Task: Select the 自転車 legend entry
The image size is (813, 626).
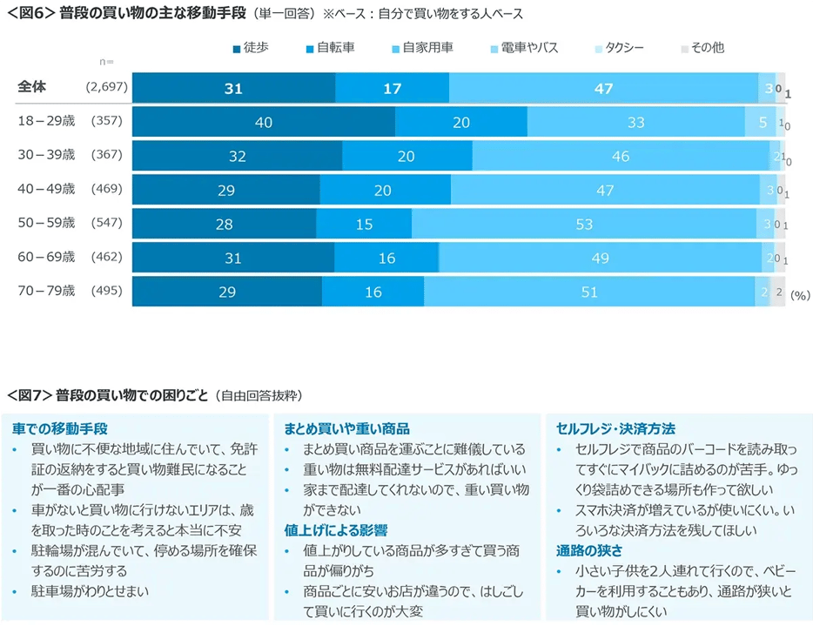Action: coord(328,48)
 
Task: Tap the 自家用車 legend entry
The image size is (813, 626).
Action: coord(421,48)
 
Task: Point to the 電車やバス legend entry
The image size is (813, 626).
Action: coord(523,48)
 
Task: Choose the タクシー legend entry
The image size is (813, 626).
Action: coord(618,48)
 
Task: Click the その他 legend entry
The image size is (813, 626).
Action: coord(701,48)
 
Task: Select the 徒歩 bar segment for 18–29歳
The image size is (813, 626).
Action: coord(263,123)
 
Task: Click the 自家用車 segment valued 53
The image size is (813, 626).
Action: coord(584,224)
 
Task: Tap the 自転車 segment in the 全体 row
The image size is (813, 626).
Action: coord(392,88)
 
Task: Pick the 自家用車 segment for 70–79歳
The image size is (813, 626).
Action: coord(589,292)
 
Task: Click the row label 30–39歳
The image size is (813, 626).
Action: coord(47,155)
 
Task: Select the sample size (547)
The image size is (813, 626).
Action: coord(107,223)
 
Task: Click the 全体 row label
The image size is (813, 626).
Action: coord(31,87)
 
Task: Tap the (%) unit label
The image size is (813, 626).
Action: coord(800,296)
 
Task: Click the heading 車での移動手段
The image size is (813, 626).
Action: coord(59,429)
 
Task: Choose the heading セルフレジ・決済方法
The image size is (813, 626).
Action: coord(615,429)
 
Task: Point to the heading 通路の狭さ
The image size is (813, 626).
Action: coord(588,549)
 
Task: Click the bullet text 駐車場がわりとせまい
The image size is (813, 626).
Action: coord(90,591)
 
